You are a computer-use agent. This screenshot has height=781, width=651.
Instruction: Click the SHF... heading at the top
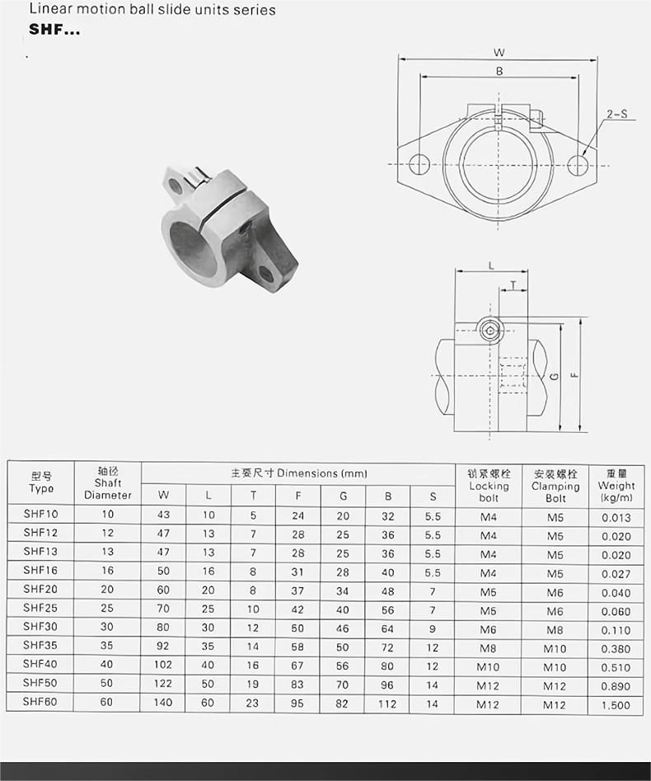coord(54,30)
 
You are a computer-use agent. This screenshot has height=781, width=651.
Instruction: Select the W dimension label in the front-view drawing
coord(499,52)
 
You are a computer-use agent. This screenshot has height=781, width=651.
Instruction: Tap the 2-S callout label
coord(616,115)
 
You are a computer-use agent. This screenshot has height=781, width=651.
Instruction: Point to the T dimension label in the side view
coord(514,285)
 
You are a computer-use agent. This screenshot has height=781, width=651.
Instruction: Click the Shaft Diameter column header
coord(108,483)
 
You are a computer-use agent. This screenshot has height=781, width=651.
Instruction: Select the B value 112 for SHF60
coord(387,704)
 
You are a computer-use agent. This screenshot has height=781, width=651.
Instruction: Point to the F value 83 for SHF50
coord(297,685)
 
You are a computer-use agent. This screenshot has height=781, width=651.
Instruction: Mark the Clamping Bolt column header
coord(555,486)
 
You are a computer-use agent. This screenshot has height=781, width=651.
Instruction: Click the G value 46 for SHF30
coord(343,629)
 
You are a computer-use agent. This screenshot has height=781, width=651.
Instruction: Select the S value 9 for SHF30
coord(433,629)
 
